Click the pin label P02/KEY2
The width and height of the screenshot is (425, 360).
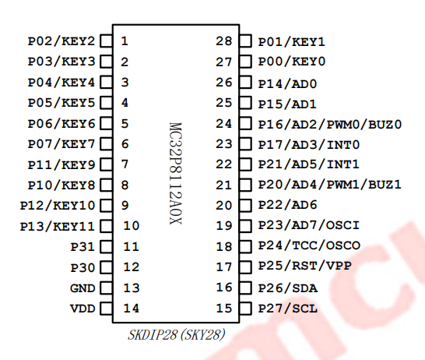61,41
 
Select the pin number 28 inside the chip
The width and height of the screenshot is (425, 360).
224,41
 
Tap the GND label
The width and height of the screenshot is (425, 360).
83,288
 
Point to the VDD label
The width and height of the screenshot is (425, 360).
83,309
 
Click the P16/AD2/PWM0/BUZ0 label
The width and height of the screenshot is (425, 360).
329,125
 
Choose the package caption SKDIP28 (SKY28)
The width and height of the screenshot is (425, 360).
177,335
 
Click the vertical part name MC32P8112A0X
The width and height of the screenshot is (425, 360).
175,173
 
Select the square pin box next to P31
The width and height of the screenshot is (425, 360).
106,247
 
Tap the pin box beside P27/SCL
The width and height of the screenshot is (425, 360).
245,309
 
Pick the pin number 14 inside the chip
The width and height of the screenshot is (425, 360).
132,309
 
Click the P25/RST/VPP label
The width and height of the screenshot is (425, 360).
304,266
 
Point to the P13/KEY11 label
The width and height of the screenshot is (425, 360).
58,227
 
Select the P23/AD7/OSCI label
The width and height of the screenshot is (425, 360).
309,225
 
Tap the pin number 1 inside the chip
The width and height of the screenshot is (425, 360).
125,41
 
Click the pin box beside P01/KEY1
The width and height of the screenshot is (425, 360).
245,41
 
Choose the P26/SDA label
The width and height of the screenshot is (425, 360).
287,288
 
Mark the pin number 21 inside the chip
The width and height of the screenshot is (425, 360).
224,185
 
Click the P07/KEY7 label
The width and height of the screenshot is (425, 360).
61,144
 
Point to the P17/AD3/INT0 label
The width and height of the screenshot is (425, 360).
309,145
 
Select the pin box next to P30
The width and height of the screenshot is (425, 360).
106,267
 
